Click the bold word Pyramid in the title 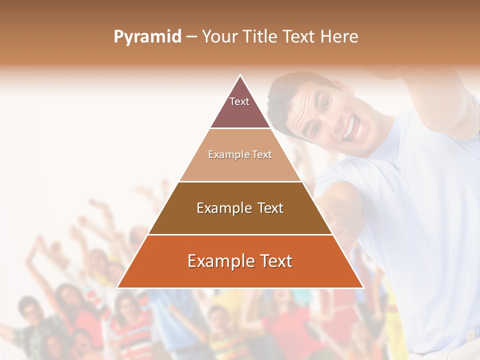point(147,37)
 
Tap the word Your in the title point(218,37)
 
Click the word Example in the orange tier point(220,261)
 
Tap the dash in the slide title point(191,37)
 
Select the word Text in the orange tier point(275,261)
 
